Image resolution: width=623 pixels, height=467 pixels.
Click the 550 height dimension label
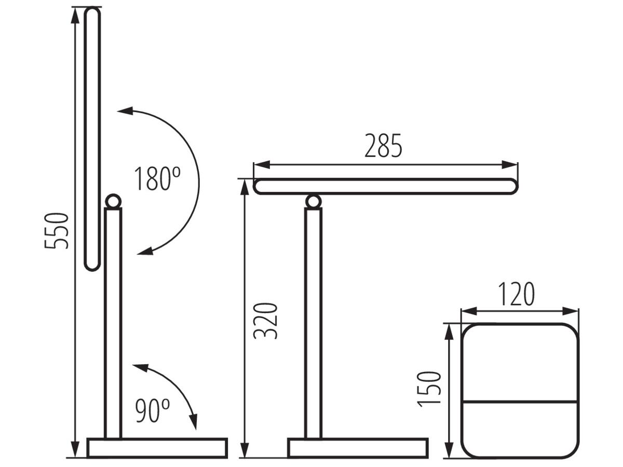[x=57, y=231]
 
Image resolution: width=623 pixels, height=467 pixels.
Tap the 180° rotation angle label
[x=157, y=178]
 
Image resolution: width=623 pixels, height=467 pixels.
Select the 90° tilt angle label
[x=153, y=411]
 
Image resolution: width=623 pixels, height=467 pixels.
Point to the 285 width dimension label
[x=383, y=145]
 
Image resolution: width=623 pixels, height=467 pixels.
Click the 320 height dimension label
[x=265, y=321]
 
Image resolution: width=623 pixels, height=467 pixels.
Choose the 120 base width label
[x=516, y=294]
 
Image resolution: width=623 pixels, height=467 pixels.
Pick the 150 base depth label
[x=429, y=389]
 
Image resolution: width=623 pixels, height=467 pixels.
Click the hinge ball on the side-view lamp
[x=113, y=201]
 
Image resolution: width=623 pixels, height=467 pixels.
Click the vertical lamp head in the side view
[x=92, y=139]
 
